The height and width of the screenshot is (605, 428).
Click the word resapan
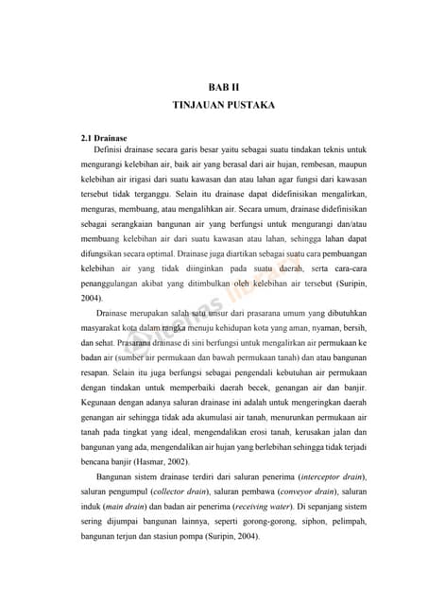pyautogui.click(x=97, y=388)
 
